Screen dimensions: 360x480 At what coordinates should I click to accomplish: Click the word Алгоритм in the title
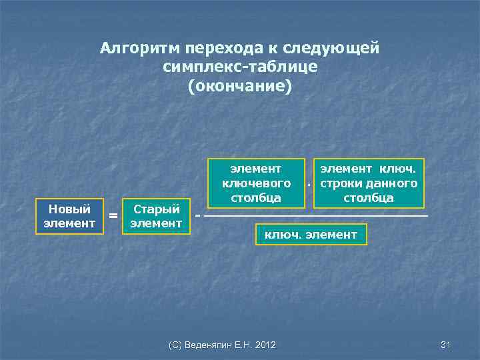pos(140,49)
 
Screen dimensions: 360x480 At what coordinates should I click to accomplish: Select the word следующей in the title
pos(331,49)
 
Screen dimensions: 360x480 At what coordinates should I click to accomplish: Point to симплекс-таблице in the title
pos(239,68)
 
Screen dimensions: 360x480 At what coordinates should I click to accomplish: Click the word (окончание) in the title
pos(240,87)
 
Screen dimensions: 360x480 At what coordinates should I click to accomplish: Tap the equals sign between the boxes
pos(113,216)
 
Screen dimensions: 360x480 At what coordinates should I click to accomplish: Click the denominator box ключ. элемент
pos(311,235)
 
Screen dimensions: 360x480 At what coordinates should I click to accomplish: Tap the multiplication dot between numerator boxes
pos(309,183)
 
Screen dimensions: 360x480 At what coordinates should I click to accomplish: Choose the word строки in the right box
pos(340,183)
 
